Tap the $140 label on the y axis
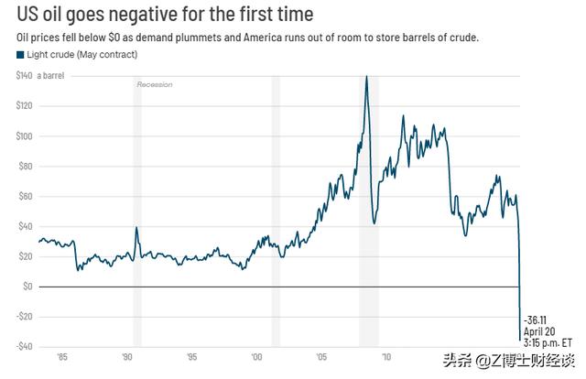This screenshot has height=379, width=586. [x=25, y=76]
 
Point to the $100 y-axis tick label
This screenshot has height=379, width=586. [x=25, y=136]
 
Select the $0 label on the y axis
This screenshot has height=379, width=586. [x=27, y=287]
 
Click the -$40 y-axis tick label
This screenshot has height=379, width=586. [x=25, y=346]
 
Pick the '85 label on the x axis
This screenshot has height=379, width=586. [x=60, y=357]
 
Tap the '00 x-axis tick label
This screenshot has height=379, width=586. [x=257, y=357]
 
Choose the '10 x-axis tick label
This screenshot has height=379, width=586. [x=387, y=357]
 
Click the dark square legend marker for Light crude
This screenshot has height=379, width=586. [x=20, y=56]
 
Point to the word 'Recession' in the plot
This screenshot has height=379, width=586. [x=155, y=85]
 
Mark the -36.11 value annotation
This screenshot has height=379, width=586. [x=537, y=319]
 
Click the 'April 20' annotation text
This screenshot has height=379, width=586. [x=538, y=330]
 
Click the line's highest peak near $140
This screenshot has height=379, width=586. [x=366, y=77]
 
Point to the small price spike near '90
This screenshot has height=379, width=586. [x=136, y=228]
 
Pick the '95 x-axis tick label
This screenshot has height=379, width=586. [x=191, y=357]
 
